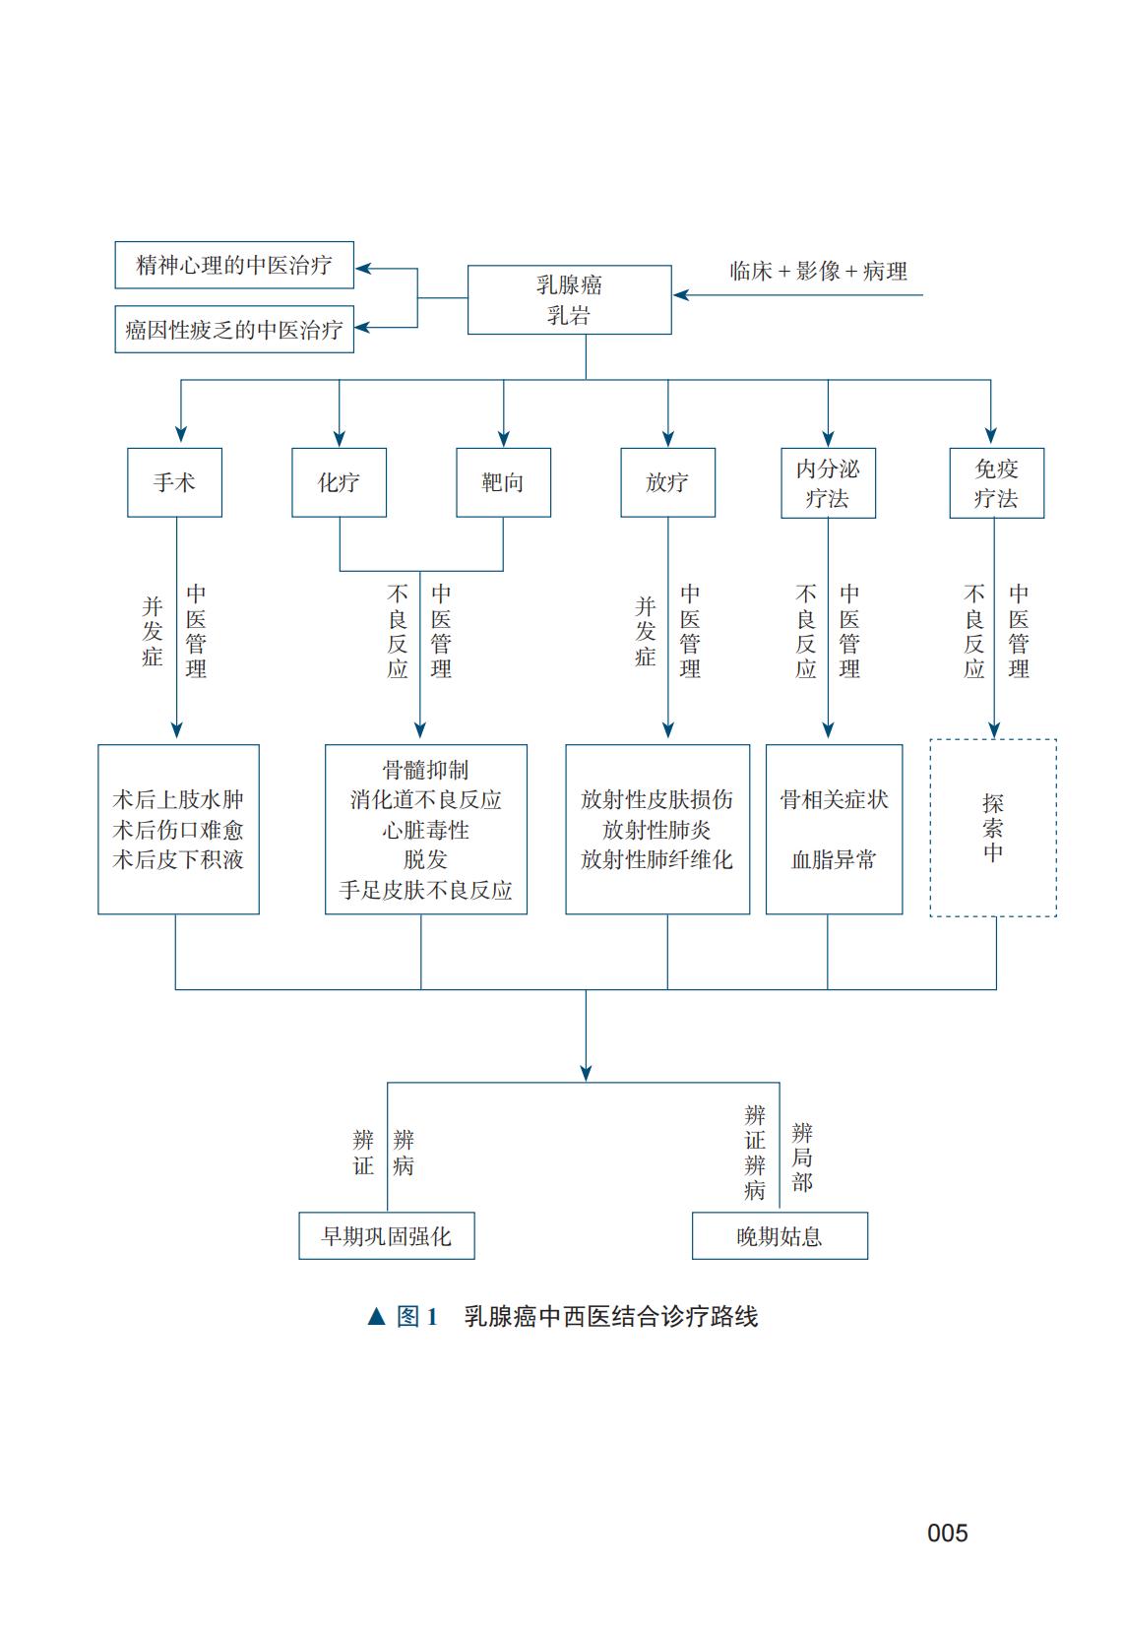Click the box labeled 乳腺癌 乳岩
pyautogui.click(x=569, y=299)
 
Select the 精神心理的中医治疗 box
pyautogui.click(x=234, y=265)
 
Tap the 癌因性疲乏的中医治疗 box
pyautogui.click(x=234, y=330)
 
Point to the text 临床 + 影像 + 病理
pyautogui.click(x=818, y=272)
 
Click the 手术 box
pyautogui.click(x=174, y=482)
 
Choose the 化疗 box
pyautogui.click(x=339, y=482)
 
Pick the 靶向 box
pyautogui.click(x=503, y=482)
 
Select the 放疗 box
pyautogui.click(x=667, y=482)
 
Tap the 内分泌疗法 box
pyautogui.click(x=828, y=483)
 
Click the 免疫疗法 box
pyautogui.click(x=996, y=483)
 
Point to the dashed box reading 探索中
pyautogui.click(x=993, y=828)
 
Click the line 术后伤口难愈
pyautogui.click(x=178, y=830)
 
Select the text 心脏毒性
pyautogui.click(x=425, y=830)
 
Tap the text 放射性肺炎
pyautogui.click(x=656, y=830)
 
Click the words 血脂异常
pyautogui.click(x=834, y=859)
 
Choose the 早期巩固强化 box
pyautogui.click(x=387, y=1236)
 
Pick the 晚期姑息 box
pyautogui.click(x=780, y=1236)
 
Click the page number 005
pyautogui.click(x=947, y=1533)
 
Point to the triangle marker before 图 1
pyautogui.click(x=376, y=1317)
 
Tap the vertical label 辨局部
pyautogui.click(x=802, y=1158)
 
